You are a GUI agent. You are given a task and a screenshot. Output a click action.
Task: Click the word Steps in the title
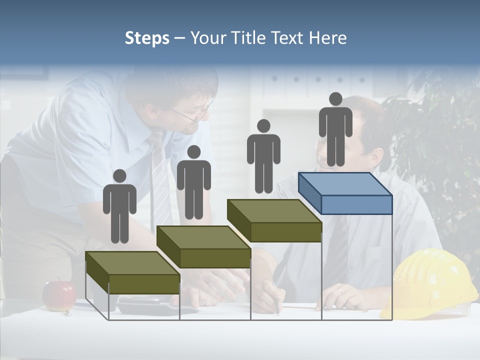[x=147, y=38]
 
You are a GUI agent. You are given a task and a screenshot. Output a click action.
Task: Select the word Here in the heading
[x=327, y=38]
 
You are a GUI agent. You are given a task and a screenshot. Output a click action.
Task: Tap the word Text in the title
[x=287, y=38]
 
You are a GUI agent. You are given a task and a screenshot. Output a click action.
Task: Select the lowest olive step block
[x=132, y=272]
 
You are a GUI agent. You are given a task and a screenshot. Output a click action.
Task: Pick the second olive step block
[x=203, y=247]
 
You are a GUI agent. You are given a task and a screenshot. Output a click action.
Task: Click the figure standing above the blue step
[x=335, y=129]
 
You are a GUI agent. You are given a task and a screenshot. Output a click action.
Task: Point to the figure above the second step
[x=193, y=182]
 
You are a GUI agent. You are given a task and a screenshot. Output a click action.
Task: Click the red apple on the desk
[x=58, y=295]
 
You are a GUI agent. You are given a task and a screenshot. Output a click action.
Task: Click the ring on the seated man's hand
[x=340, y=290]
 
